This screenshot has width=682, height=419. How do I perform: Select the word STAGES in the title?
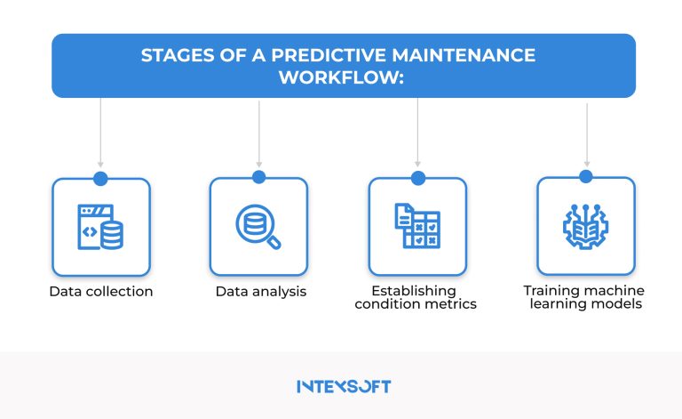point(174,56)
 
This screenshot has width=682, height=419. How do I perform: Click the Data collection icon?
point(100,227)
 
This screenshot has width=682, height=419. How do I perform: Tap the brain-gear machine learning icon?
point(586,227)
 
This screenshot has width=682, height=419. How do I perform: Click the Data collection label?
point(100,292)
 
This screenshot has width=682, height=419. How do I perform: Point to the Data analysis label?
point(261,292)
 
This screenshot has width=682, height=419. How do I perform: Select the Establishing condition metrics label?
point(416,298)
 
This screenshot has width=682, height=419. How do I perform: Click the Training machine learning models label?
point(583,298)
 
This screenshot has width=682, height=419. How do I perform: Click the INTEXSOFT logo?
point(343,387)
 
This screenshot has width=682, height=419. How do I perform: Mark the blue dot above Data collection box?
point(100,178)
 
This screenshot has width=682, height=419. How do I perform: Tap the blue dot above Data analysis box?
point(258,177)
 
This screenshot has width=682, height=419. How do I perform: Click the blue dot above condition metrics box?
point(417,177)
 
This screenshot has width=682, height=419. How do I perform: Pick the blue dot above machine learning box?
point(586,177)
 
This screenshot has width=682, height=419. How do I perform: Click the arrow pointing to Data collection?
point(100,133)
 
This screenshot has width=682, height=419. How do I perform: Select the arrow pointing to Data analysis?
point(258,133)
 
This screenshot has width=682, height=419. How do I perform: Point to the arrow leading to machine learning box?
point(586,133)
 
